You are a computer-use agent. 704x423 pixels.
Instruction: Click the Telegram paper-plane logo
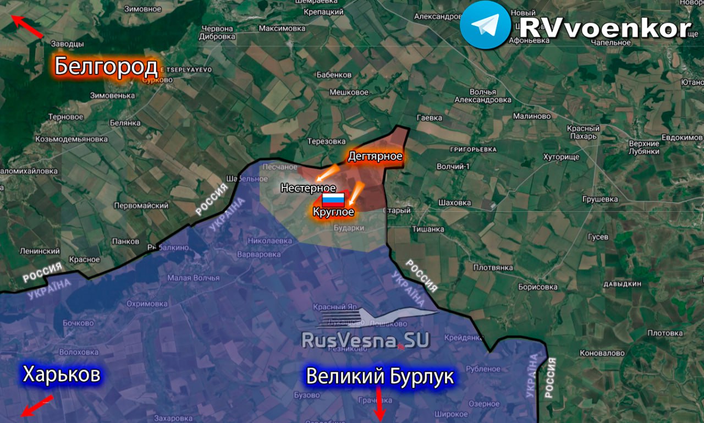[x=485, y=25]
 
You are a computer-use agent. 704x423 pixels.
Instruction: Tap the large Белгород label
[x=106, y=67]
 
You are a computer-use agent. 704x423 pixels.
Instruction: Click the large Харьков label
[x=62, y=375]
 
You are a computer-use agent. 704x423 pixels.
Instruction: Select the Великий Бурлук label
[x=380, y=377]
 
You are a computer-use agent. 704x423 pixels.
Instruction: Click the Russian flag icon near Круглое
[x=333, y=200]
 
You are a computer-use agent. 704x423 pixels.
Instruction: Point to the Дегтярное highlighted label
[x=375, y=157]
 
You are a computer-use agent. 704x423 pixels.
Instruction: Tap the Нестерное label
[x=308, y=188]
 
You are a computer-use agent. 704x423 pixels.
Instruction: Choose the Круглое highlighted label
[x=333, y=212]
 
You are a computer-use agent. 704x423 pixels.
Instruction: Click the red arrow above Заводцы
[x=27, y=27]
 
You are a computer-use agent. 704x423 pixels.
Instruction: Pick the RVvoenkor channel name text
[x=605, y=29]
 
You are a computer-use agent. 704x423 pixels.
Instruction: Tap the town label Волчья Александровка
[x=483, y=96]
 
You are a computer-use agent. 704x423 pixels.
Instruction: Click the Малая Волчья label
[x=193, y=278]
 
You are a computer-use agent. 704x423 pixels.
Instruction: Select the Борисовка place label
[x=537, y=287]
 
